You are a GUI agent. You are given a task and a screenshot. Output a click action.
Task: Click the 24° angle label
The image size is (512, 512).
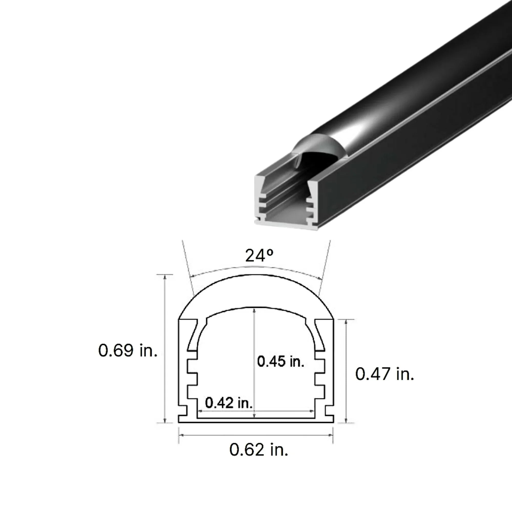click(259, 256)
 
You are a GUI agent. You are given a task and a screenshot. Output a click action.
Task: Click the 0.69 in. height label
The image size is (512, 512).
click(128, 350)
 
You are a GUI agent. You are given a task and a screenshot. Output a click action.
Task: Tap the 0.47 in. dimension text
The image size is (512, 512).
click(385, 374)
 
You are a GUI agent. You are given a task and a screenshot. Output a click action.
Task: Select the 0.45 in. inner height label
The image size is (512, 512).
click(281, 361)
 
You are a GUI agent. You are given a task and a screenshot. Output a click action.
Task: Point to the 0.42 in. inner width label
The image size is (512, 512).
click(228, 403)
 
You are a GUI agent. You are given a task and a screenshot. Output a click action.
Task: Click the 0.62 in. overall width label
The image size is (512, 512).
click(259, 450)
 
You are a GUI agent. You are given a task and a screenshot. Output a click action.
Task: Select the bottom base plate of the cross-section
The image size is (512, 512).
click(256, 421)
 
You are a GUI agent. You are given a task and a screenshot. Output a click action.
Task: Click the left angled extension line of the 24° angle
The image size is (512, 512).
click(187, 265)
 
